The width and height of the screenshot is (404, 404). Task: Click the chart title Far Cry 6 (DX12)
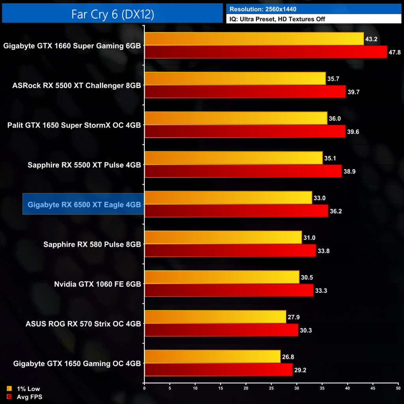coord(112,14)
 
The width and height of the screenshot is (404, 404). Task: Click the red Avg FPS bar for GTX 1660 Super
coord(266,52)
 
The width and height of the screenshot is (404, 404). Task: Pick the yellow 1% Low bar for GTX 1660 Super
coord(254,39)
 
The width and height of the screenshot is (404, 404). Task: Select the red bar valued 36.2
coord(236,211)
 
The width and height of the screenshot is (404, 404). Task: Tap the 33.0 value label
coord(320,198)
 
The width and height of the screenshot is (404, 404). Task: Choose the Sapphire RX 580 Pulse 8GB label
coord(92,244)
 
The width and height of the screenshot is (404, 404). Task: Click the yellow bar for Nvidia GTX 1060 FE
coord(222,277)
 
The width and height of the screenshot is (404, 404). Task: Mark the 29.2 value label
coord(301,370)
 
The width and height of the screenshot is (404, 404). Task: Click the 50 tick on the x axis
coord(398,388)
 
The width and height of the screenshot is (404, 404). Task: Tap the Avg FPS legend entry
coord(24,397)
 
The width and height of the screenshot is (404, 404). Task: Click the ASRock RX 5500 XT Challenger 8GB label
coord(77,85)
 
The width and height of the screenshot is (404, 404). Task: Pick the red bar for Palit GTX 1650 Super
coord(245,131)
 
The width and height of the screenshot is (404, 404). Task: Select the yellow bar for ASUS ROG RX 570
coord(215,317)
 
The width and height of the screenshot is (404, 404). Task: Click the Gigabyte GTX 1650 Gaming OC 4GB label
coord(77,363)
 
